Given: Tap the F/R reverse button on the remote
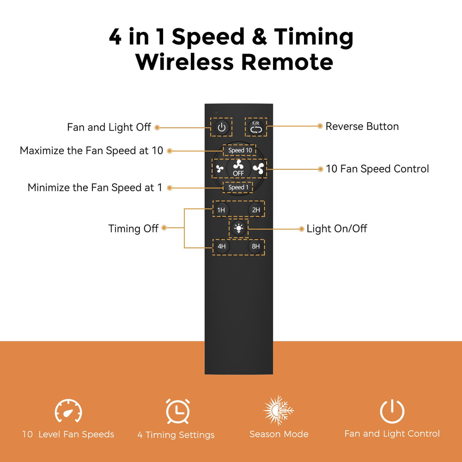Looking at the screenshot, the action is coord(255,128).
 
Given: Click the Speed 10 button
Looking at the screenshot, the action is coord(240,150).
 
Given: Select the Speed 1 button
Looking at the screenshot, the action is coord(238,188).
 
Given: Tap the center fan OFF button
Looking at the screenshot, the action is coord(238,168).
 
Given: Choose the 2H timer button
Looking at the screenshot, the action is coord(256,209).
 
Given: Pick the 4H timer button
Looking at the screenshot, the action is coord(221,246).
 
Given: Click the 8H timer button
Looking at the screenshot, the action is coord(256,246).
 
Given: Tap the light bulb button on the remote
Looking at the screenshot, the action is coord(238,228).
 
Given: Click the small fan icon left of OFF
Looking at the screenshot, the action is coord(219,169).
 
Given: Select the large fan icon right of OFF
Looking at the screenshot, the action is coord(258,168).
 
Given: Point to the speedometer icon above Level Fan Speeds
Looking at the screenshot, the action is coord(68,411).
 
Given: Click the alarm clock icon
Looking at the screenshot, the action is coord(178,411).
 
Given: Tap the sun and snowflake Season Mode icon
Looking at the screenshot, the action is coord(278,410).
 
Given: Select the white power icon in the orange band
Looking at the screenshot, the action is coord(392,411).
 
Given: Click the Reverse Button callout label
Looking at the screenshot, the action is coord(362,127).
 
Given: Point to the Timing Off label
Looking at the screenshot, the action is coord(133,229).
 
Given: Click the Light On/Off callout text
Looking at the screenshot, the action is coord(337,229).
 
